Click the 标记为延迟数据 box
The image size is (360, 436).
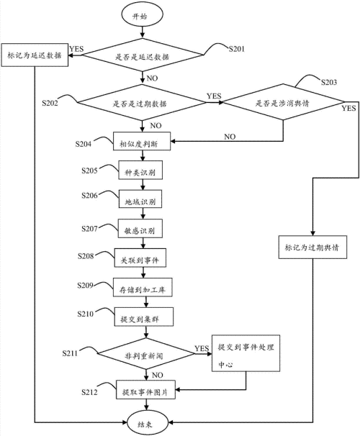tap(35, 55)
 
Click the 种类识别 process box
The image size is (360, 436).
tap(140, 173)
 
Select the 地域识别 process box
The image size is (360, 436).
tap(140, 202)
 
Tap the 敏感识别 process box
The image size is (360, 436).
tap(140, 230)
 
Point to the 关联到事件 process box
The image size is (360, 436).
tap(141, 259)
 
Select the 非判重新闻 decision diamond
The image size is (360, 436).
tap(145, 353)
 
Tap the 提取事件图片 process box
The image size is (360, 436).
tap(145, 391)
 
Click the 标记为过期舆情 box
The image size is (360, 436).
tap(312, 247)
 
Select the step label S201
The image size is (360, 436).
tap(237, 50)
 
